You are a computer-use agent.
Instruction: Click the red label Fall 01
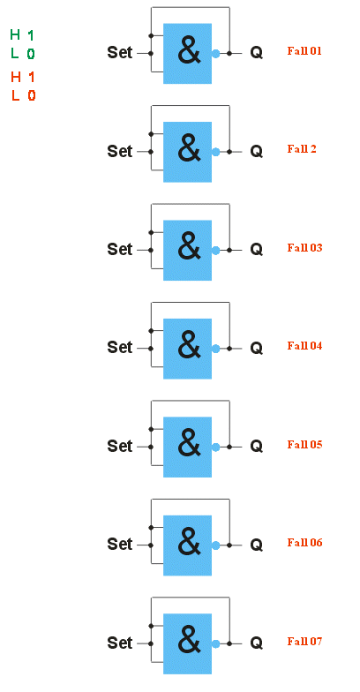click(x=304, y=51)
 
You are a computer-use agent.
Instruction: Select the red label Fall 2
click(x=302, y=148)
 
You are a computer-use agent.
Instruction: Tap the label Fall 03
click(x=304, y=247)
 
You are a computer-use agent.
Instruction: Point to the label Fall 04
click(x=304, y=346)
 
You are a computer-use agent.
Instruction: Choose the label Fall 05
click(x=304, y=445)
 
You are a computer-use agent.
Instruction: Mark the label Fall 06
click(x=304, y=542)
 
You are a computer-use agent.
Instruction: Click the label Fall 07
click(x=304, y=641)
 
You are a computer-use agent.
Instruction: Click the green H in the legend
click(x=16, y=35)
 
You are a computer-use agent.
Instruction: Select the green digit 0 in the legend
click(x=30, y=55)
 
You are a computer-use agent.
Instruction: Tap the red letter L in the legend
click(x=16, y=95)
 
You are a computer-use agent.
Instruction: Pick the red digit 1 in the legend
click(x=31, y=77)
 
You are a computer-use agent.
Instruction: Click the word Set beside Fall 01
click(x=120, y=53)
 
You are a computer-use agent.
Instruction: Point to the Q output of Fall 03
click(x=256, y=250)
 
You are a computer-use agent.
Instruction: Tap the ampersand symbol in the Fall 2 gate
click(x=189, y=150)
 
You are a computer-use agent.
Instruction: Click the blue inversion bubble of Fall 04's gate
click(x=215, y=349)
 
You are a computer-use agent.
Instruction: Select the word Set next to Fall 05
click(x=120, y=447)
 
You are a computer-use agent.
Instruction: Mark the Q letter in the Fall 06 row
click(x=256, y=545)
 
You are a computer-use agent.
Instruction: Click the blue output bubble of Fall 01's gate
click(x=215, y=53)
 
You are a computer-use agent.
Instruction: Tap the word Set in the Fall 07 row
click(x=120, y=643)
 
